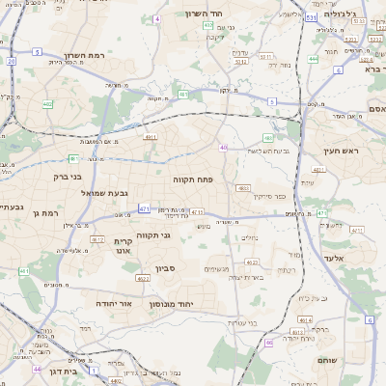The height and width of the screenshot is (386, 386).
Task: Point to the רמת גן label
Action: (x=44, y=212)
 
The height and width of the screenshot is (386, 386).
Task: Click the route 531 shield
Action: (x=310, y=17)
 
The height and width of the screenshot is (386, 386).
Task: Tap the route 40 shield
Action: (x=223, y=148)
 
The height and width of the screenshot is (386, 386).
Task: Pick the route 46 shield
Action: (x=269, y=343)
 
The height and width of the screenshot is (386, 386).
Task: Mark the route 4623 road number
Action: (x=251, y=261)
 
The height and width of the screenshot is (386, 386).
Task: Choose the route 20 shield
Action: (x=11, y=61)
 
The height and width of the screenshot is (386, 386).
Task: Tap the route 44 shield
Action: (x=36, y=369)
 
